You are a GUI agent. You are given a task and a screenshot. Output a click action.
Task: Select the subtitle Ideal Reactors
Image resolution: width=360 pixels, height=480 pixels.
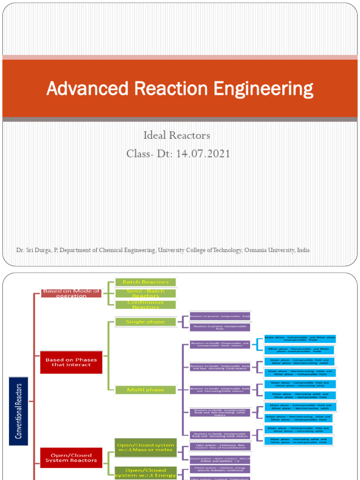[x=177, y=135]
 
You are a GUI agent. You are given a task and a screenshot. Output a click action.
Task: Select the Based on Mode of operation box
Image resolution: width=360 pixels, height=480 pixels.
[x=71, y=293]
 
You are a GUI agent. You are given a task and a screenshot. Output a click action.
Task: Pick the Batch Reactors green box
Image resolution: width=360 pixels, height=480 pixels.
[x=145, y=282]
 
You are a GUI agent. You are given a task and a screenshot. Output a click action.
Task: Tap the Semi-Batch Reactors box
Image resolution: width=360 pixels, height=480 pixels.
[x=145, y=293]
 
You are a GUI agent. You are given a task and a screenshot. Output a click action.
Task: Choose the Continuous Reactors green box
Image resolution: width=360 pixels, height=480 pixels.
[x=145, y=305]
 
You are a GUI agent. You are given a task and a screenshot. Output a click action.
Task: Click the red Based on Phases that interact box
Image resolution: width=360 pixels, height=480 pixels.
[x=71, y=362]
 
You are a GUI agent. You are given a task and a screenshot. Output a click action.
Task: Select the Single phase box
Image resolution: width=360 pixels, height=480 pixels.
[x=145, y=322]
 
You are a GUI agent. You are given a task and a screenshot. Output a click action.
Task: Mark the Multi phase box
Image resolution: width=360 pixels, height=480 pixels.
[x=145, y=390]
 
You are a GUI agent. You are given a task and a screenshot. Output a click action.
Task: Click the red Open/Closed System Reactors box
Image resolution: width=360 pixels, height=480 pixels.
[x=71, y=457]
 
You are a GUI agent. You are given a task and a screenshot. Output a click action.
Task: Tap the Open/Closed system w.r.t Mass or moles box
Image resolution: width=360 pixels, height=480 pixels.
[x=145, y=447]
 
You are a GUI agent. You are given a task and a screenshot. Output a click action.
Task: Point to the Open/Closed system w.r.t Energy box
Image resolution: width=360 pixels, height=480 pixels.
[x=145, y=472]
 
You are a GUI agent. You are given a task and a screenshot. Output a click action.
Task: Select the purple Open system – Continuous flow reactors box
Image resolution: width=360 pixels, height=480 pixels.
[x=220, y=447]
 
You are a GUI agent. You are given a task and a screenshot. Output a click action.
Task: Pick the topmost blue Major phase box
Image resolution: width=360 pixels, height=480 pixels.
[x=300, y=339]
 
